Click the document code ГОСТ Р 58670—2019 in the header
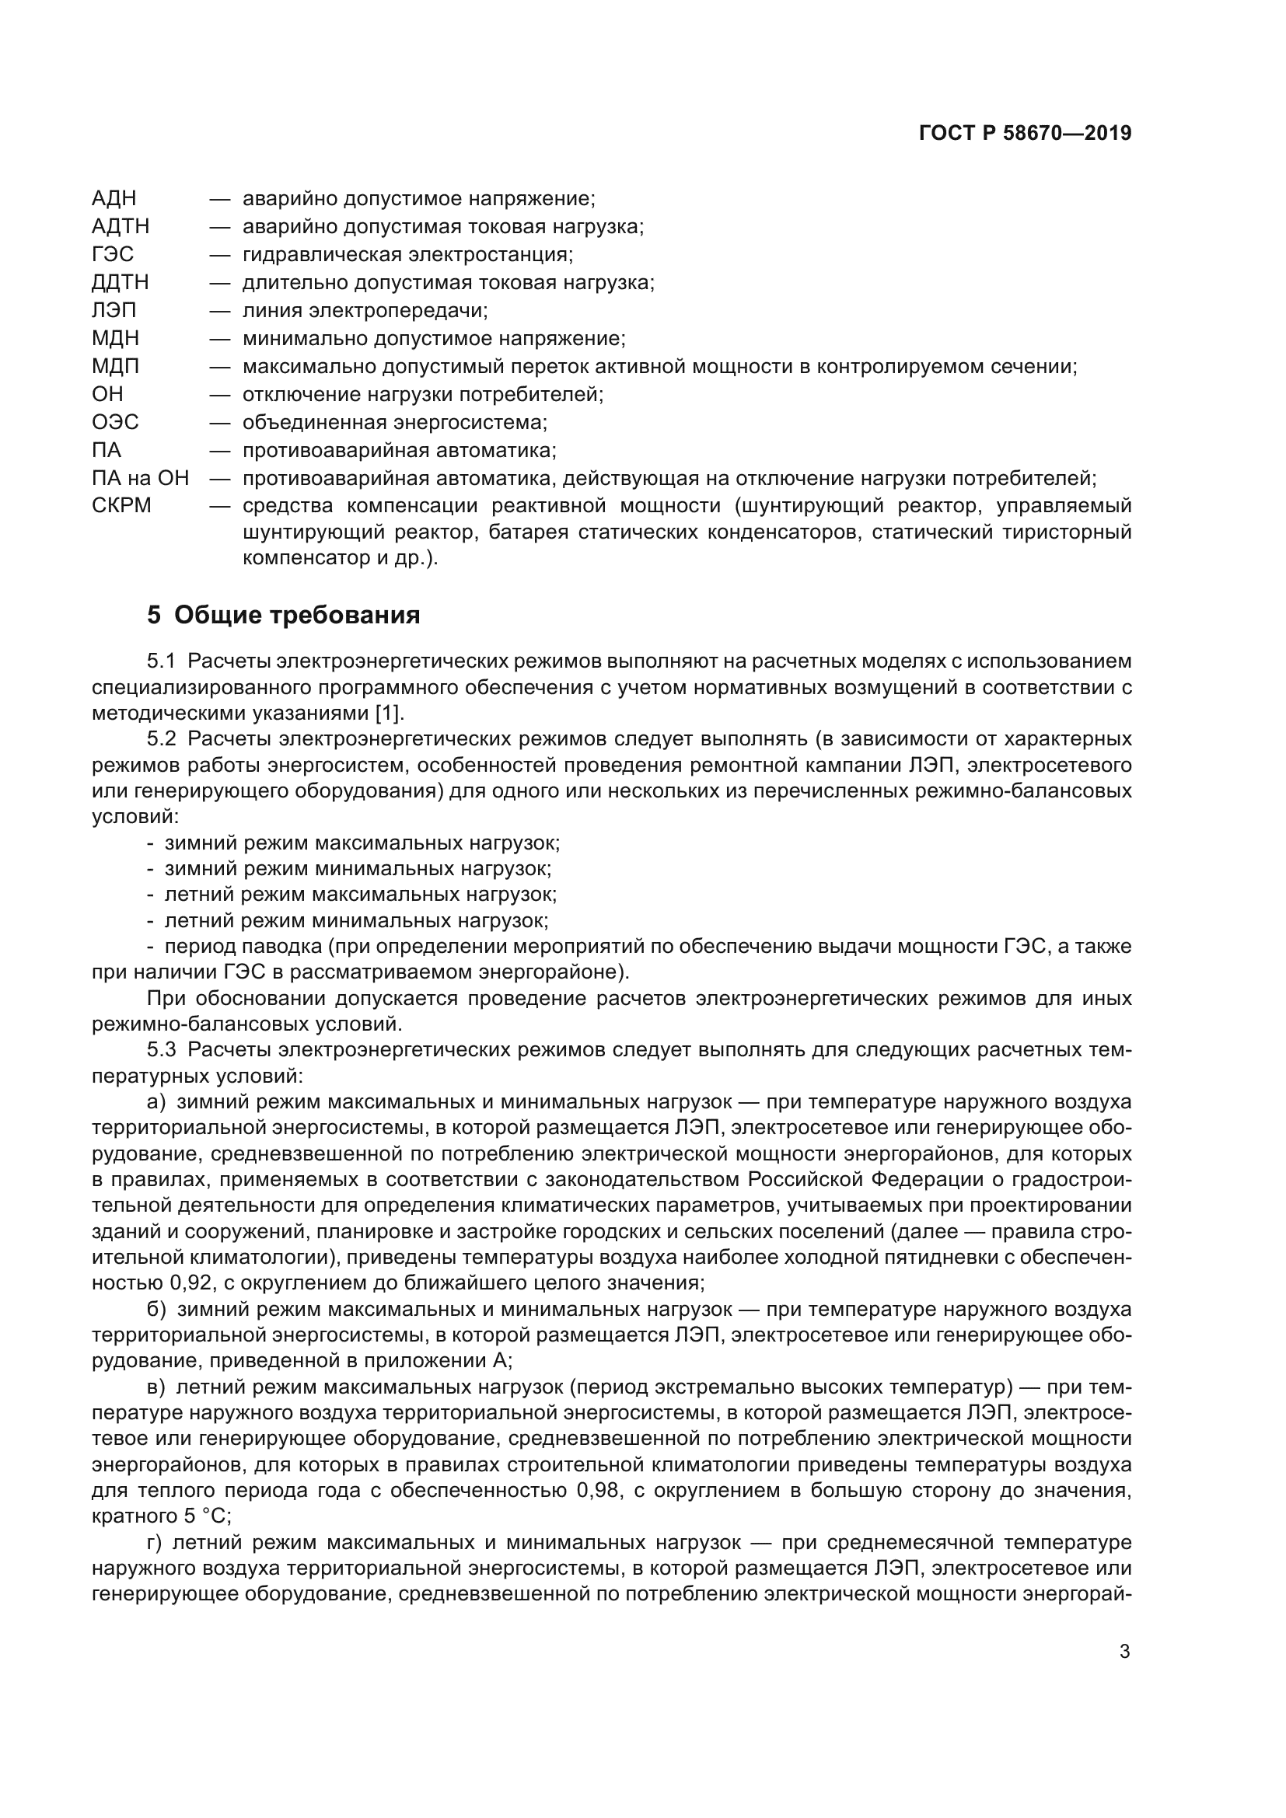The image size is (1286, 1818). tap(1025, 133)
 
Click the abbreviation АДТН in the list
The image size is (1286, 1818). tap(121, 226)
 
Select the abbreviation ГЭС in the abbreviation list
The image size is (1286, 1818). tap(113, 254)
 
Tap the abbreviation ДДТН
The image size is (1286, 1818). tap(121, 282)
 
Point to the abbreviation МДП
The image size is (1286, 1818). tap(116, 366)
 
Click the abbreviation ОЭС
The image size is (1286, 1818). tap(116, 422)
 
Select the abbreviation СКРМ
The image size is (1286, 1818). tap(121, 505)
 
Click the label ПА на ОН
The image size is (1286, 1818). tap(140, 478)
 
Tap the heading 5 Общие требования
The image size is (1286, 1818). tap(284, 615)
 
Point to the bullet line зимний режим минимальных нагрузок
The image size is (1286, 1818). tap(357, 869)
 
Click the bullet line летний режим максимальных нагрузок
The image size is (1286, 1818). tap(360, 895)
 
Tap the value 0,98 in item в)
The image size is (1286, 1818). tap(599, 1491)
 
